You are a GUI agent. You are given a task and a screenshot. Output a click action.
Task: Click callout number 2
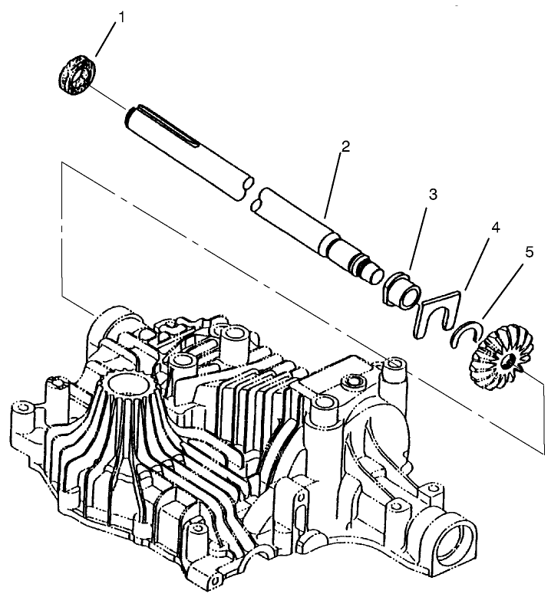click(346, 146)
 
